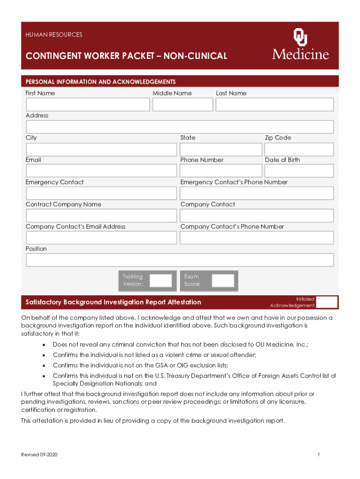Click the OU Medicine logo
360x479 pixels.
(x=300, y=44)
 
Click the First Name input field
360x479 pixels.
(x=88, y=105)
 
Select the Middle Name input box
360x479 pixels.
(x=182, y=105)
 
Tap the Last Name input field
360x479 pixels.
(x=274, y=105)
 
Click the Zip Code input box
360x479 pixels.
(x=299, y=150)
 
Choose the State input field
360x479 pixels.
(x=221, y=150)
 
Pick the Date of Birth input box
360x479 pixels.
(x=299, y=171)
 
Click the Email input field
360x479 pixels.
(x=101, y=171)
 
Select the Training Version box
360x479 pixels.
(x=161, y=281)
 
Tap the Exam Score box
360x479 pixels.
(x=223, y=281)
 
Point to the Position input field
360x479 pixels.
(x=180, y=260)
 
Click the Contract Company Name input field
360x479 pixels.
(x=101, y=216)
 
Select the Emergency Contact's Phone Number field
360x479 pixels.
(x=257, y=193)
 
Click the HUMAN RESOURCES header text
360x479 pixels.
(x=54, y=35)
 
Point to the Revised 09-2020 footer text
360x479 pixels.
(x=39, y=455)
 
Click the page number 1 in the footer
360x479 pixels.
(x=318, y=455)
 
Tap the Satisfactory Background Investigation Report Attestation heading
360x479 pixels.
(x=113, y=303)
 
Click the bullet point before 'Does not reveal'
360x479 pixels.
(x=43, y=345)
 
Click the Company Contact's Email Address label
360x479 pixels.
(x=75, y=226)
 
